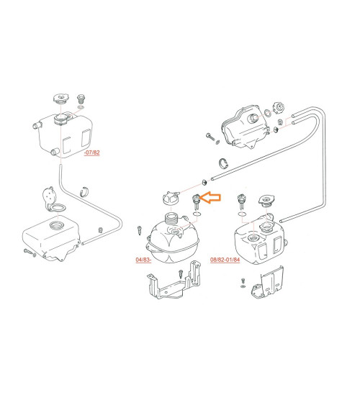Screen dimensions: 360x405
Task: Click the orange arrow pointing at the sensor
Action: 210,198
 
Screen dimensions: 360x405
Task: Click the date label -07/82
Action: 91,153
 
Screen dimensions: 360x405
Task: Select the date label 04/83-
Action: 143,260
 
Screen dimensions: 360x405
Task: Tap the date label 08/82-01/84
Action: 225,260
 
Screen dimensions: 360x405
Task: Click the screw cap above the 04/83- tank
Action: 171,199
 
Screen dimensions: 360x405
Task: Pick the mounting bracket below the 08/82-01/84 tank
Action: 268,282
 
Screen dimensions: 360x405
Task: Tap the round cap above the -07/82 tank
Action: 61,99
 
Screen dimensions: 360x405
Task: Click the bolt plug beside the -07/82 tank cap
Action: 81,99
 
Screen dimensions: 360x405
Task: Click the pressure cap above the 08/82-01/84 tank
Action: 266,201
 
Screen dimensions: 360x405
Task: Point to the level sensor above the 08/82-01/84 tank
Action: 241,202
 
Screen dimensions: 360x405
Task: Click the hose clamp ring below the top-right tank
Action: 224,163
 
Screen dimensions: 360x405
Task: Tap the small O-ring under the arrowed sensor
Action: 197,214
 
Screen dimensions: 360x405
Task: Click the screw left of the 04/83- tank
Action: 140,230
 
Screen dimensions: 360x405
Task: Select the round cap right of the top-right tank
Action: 279,107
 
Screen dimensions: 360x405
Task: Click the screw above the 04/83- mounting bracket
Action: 181,274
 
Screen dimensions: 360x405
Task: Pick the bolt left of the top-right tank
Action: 210,137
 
